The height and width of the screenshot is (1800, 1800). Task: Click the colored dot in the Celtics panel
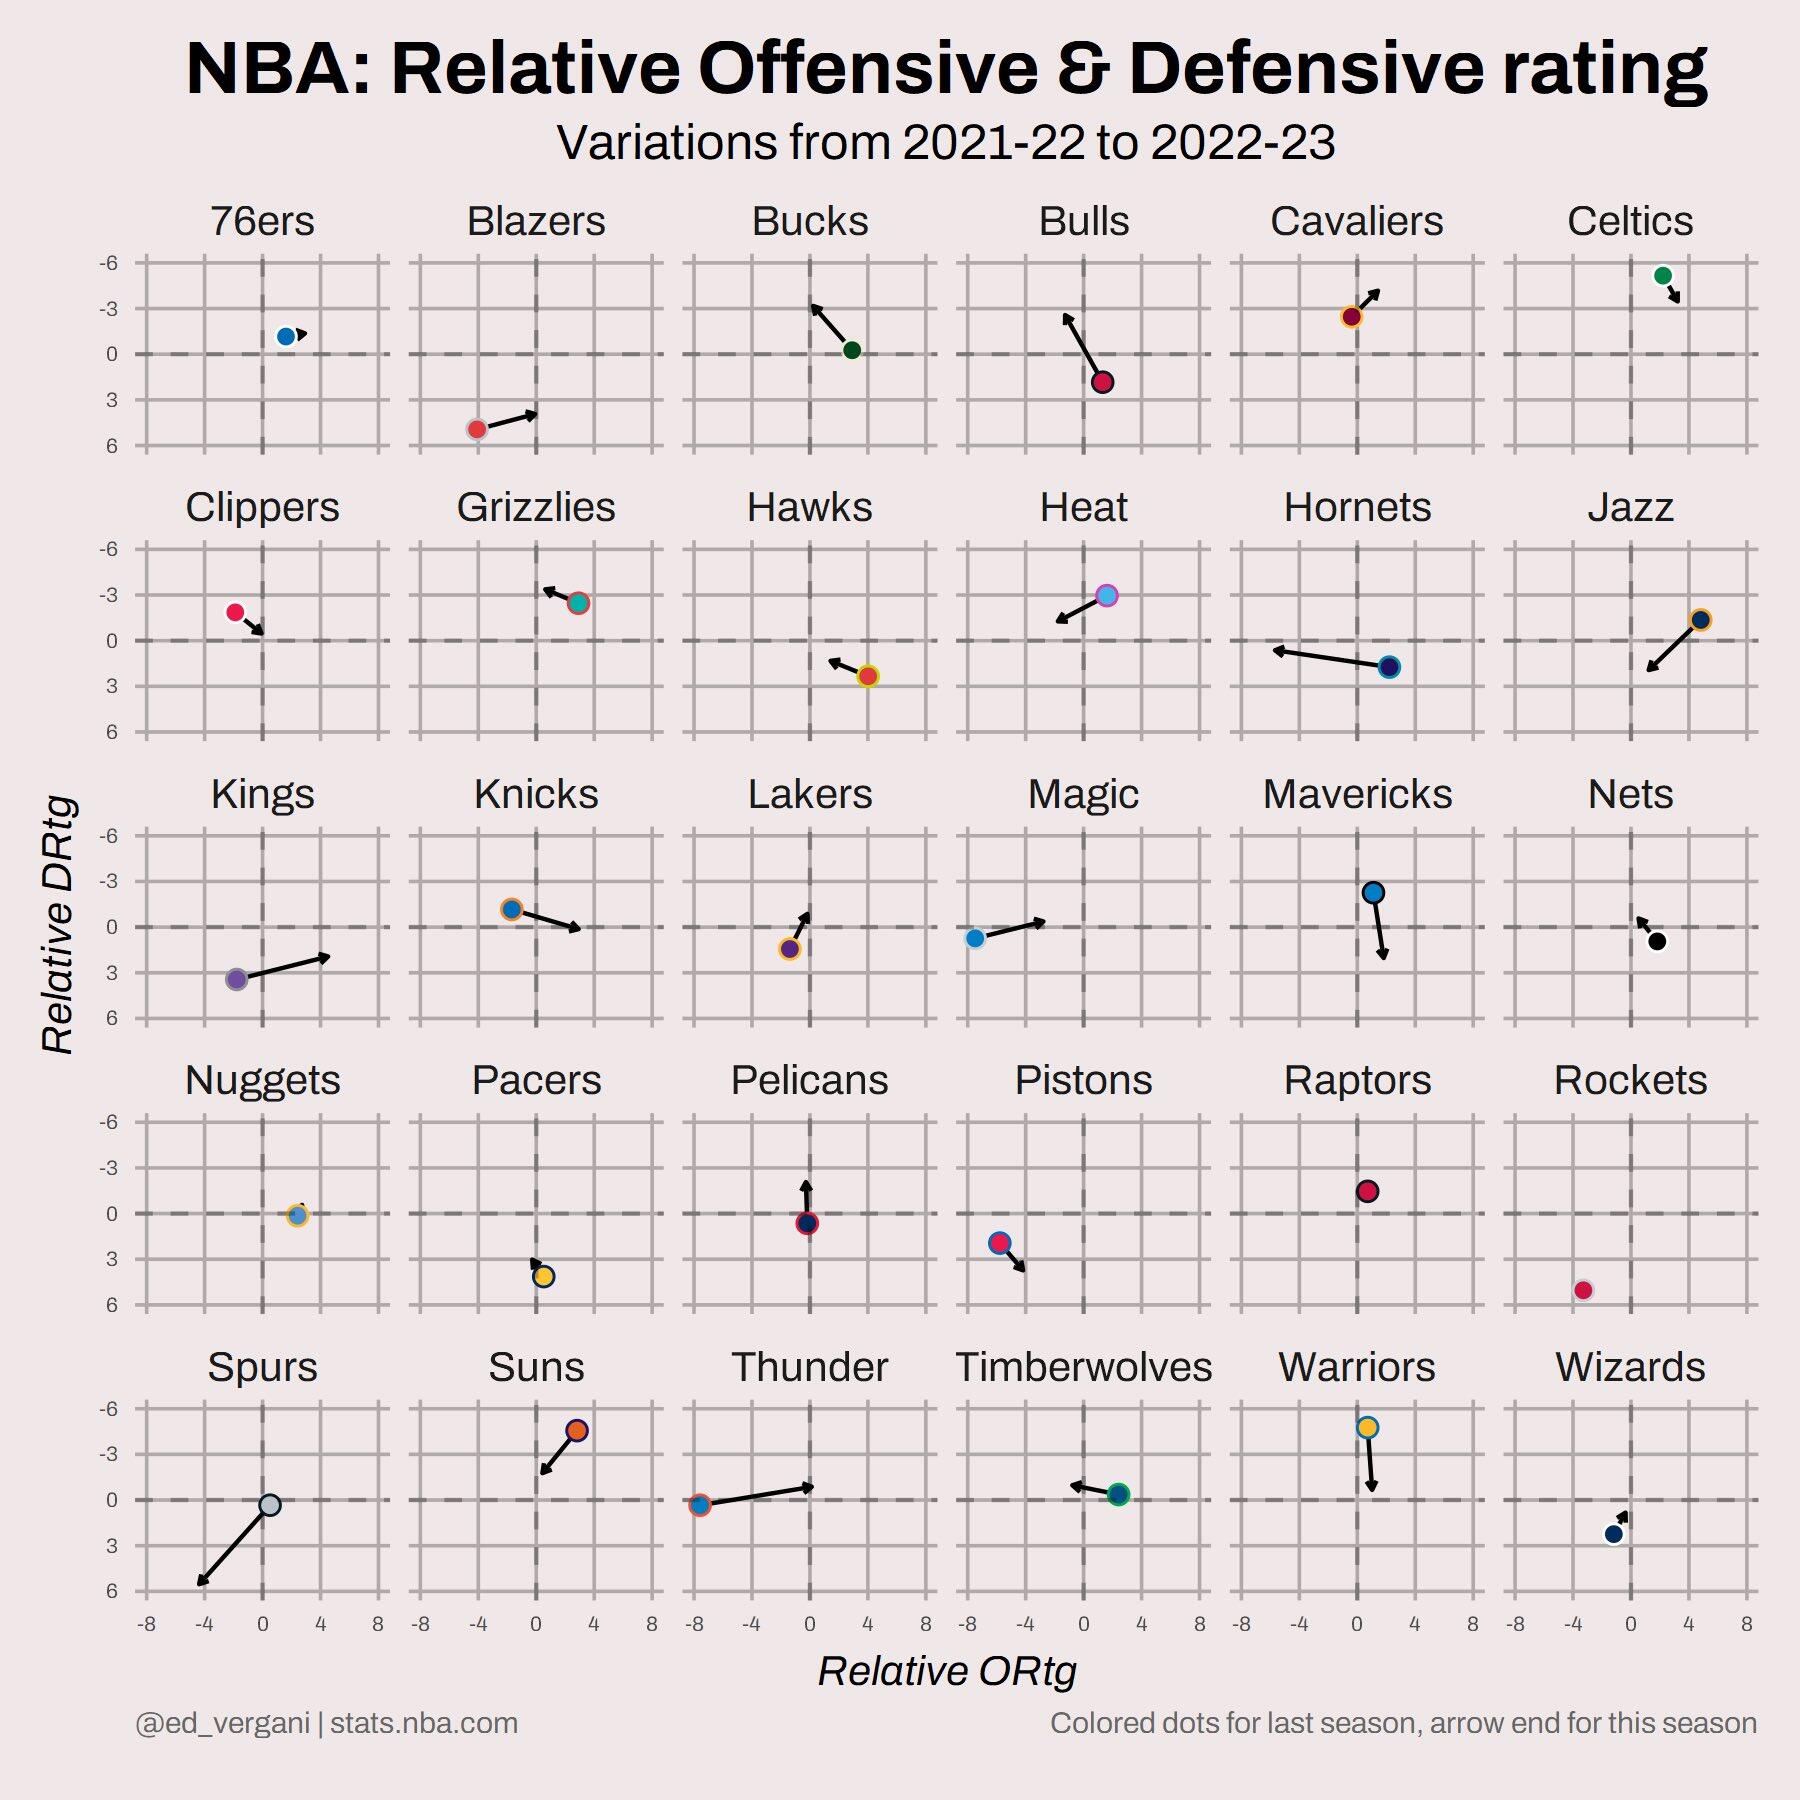(1662, 276)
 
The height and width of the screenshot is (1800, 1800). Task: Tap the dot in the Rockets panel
(1583, 1290)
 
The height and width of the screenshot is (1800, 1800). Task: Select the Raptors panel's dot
(1367, 1191)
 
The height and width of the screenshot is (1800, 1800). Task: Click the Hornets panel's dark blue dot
(1389, 667)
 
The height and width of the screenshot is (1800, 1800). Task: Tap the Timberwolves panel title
(1083, 1367)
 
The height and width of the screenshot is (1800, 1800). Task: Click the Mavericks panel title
(1357, 794)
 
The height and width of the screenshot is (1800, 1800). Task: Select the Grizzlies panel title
(536, 507)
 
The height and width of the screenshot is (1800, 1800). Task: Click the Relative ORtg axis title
(946, 1671)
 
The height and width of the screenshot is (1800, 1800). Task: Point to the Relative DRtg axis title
(58, 924)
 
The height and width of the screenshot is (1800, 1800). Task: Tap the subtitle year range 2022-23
(1242, 143)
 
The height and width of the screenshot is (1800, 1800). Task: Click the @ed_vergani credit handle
(222, 1723)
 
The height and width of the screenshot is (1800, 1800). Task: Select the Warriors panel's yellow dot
(1367, 1428)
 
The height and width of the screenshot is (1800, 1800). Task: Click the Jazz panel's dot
(1700, 620)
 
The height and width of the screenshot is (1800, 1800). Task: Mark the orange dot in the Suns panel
(576, 1431)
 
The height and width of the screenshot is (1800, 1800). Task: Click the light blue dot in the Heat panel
(1106, 596)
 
